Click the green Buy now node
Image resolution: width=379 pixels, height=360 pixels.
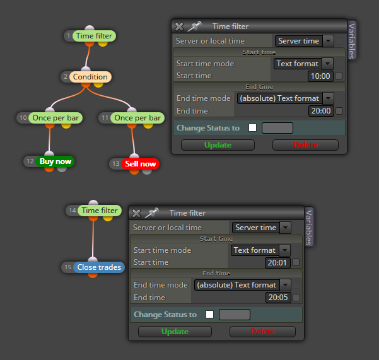tap(55, 161)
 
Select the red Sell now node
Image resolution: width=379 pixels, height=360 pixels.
tap(141, 164)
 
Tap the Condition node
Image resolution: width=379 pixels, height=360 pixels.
tap(90, 77)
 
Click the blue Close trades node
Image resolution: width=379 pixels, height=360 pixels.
tap(99, 267)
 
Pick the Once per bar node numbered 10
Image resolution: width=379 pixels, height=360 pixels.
tap(55, 118)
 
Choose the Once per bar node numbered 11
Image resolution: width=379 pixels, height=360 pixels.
tap(137, 118)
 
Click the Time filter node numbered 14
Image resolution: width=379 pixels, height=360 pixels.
tap(100, 211)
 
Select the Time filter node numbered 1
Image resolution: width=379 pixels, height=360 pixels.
tap(94, 36)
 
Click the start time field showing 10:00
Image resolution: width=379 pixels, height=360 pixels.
tap(320, 76)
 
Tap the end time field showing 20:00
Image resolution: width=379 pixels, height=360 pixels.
tap(321, 111)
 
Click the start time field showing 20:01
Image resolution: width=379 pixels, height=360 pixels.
tap(277, 263)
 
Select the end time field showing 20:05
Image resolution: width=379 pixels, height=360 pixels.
tap(278, 298)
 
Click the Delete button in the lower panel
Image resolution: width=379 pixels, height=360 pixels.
tap(262, 332)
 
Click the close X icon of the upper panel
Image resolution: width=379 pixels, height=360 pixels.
tap(179, 26)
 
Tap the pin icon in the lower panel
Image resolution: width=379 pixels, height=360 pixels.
tap(151, 212)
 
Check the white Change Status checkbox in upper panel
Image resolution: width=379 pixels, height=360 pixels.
tap(253, 127)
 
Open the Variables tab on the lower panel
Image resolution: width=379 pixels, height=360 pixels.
tap(309, 227)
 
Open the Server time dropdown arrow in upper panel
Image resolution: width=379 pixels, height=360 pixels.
tap(328, 41)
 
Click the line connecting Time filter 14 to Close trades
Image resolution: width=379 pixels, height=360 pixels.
tap(93, 239)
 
